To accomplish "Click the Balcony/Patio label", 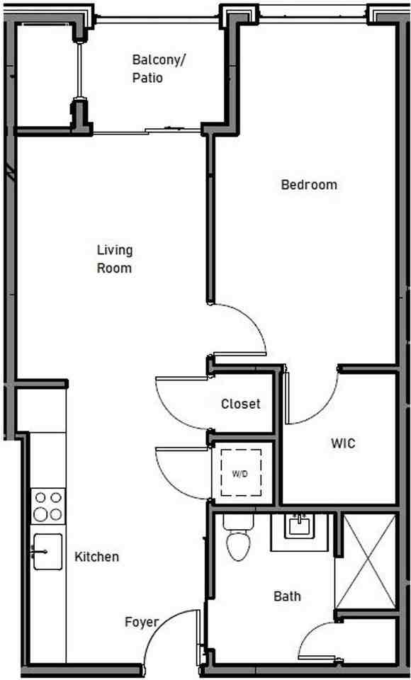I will pos(157,69).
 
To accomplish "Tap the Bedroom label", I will pos(309,185).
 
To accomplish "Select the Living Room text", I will pos(115,259).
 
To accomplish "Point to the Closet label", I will pos(241,404).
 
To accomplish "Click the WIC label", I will pos(343,444).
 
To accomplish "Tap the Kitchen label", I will pos(97,557).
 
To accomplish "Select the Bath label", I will pos(287,596).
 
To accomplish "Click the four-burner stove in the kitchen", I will pos(47,506).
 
